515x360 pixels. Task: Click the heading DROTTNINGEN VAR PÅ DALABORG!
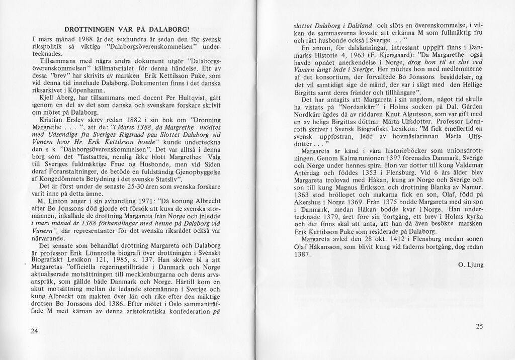click(126, 30)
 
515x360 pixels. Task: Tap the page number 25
click(479, 326)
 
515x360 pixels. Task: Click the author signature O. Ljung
click(470, 264)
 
